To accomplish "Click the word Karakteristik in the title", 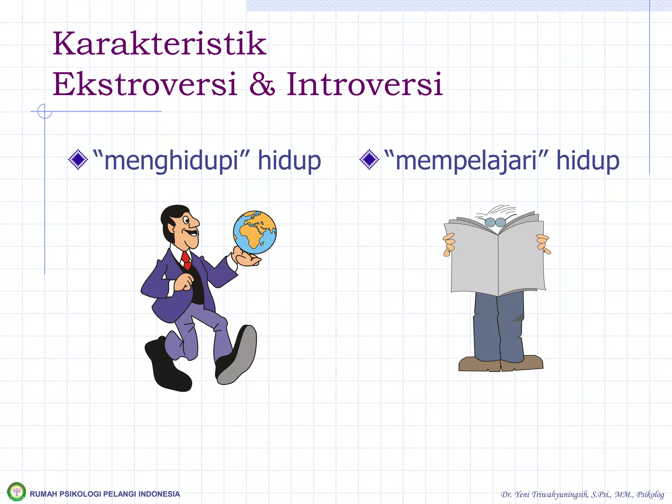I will [159, 44].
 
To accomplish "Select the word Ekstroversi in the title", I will [145, 85].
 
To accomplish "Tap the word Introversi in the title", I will [365, 85].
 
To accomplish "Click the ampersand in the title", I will [262, 85].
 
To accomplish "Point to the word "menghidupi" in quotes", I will [171, 161].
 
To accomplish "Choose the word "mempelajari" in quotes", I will [466, 161].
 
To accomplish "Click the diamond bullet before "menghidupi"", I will [78, 160].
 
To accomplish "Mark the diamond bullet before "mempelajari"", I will [369, 160].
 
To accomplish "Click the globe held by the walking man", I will [255, 232].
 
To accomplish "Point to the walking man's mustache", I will [191, 233].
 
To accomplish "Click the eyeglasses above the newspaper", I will [495, 222].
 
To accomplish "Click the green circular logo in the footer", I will [16, 492].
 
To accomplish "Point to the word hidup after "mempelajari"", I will [588, 161].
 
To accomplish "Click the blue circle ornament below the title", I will [45, 111].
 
